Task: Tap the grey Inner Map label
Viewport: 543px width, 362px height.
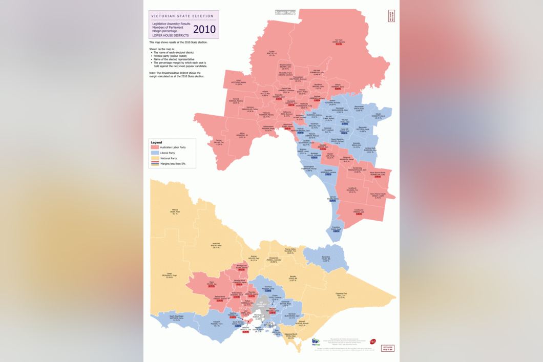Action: coord(285,12)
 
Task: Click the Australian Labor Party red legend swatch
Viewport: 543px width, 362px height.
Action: coord(155,147)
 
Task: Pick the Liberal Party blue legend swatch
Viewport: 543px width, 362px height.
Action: coord(155,153)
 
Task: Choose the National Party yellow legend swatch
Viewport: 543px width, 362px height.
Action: coord(155,158)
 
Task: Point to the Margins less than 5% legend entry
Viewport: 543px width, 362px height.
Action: coord(170,164)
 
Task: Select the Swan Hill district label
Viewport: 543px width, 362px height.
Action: coord(215,245)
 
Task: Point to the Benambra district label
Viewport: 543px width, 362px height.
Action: coord(325,260)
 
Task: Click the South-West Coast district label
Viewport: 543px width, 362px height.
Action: coord(177,319)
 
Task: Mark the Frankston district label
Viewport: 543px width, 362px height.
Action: coord(336,228)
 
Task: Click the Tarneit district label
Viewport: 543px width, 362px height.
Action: coord(219,143)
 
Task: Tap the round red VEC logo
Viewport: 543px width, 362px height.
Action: coord(372,341)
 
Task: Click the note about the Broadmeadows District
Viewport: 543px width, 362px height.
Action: coord(173,74)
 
